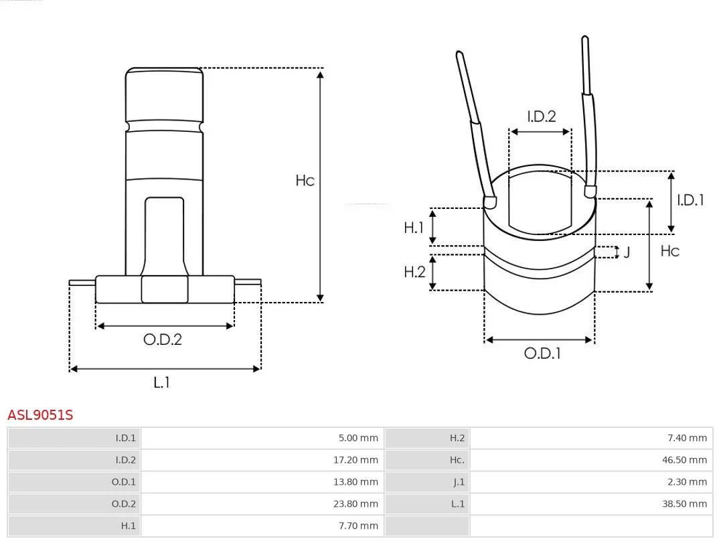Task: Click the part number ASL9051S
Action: tap(40, 415)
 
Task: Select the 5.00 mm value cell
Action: tap(357, 438)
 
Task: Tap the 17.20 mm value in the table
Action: tap(355, 460)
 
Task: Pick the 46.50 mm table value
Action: tap(684, 460)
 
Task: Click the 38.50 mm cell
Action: tap(684, 504)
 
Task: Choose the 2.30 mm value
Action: tap(687, 482)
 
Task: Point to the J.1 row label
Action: tap(459, 482)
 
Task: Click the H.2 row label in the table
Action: tap(457, 438)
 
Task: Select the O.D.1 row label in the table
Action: tap(124, 482)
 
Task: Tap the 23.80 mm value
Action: tap(355, 504)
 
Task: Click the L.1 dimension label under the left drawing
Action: tap(162, 382)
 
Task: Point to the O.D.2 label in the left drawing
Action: tap(163, 339)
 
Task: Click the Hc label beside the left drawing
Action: tap(305, 180)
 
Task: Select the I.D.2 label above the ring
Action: tap(542, 117)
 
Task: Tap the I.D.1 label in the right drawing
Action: tap(690, 200)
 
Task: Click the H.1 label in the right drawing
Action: tap(414, 228)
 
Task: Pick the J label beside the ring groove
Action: tap(627, 252)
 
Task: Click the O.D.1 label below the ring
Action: tap(542, 354)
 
